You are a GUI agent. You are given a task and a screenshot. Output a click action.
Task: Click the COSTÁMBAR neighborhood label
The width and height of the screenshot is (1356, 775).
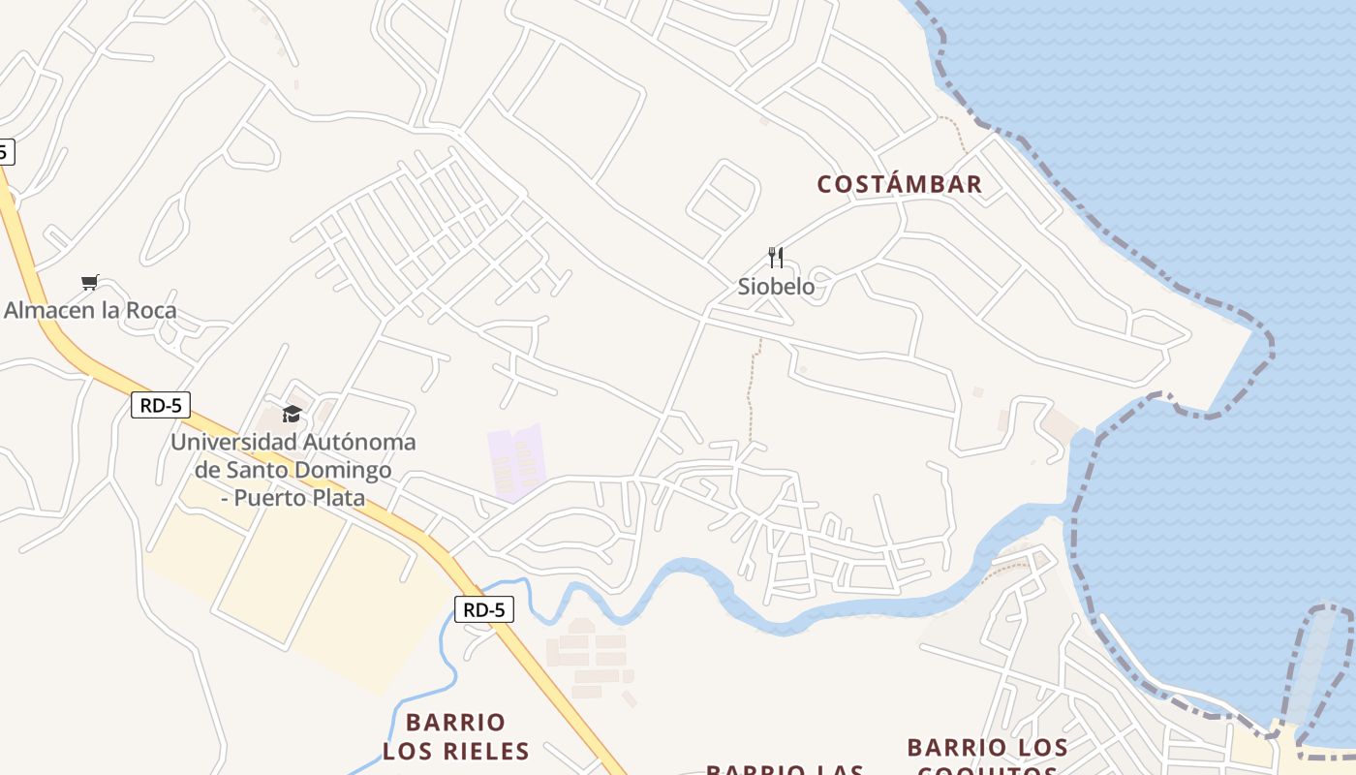coord(899,184)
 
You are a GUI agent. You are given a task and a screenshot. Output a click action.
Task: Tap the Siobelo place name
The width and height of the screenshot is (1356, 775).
coord(776,287)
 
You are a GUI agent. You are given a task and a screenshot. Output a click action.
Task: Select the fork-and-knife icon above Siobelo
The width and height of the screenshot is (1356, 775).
coord(775,257)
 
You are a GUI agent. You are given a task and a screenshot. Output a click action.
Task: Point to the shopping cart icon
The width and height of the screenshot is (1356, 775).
coord(90,282)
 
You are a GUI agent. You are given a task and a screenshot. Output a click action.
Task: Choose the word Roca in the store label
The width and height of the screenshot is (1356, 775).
coord(151,310)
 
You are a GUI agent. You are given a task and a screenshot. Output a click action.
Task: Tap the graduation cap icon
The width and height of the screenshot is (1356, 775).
coord(292,415)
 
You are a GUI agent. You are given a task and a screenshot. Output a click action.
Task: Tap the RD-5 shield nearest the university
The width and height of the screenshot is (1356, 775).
coord(161,405)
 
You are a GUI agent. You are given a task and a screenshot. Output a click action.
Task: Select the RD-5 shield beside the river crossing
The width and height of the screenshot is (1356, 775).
coord(484,609)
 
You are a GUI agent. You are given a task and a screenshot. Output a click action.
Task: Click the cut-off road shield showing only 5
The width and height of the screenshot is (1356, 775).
coord(5,151)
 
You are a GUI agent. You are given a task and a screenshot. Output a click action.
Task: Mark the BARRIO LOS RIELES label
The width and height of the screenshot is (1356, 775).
coord(455,736)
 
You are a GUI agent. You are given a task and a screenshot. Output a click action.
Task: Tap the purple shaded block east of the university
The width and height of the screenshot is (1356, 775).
coord(515,462)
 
